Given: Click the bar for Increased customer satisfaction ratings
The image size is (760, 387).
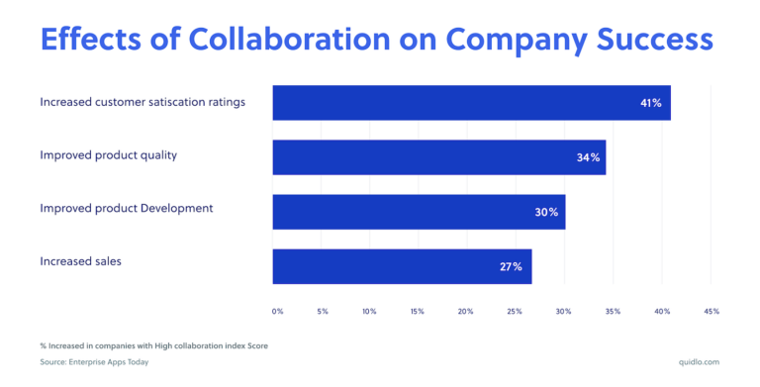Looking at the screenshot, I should [x=471, y=102].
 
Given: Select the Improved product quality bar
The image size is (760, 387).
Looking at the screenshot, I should [x=438, y=157].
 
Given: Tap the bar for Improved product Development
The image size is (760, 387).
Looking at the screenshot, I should [x=419, y=212].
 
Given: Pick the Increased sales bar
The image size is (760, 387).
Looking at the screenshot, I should [x=402, y=266].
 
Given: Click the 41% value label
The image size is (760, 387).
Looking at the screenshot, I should [x=650, y=103].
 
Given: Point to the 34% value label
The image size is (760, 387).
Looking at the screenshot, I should [x=589, y=158].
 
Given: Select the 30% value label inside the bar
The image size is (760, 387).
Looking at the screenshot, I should [x=547, y=213].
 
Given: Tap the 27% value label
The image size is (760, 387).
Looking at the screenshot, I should [x=511, y=267].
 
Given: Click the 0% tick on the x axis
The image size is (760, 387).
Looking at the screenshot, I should [x=277, y=311].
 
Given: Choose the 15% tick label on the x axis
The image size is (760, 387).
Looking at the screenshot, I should [x=417, y=311].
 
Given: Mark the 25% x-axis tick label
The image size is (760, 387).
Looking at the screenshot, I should [x=515, y=311].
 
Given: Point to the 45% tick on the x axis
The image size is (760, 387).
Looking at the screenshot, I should [x=711, y=311].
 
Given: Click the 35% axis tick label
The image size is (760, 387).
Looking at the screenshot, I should [x=613, y=311].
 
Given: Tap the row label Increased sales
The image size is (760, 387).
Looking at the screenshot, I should [x=80, y=262].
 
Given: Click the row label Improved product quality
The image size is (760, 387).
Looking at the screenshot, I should [x=108, y=155].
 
